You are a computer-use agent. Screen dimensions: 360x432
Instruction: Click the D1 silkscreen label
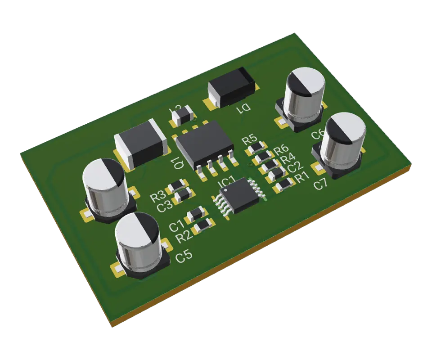[x=245, y=108]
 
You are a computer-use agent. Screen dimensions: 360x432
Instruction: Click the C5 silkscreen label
[x=184, y=256]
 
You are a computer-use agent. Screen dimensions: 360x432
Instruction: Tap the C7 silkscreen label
[x=320, y=184]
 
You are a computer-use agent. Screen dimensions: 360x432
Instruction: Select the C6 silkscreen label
[x=318, y=134]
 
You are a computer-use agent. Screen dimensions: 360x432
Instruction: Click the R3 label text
[x=157, y=197]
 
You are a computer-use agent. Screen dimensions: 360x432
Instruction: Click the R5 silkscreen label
[x=249, y=139]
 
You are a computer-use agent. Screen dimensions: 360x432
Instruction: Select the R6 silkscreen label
[x=281, y=149]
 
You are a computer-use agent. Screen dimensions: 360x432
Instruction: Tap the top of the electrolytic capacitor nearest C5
[x=137, y=230]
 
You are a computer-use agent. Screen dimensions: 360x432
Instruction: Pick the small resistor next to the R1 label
[x=284, y=184]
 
